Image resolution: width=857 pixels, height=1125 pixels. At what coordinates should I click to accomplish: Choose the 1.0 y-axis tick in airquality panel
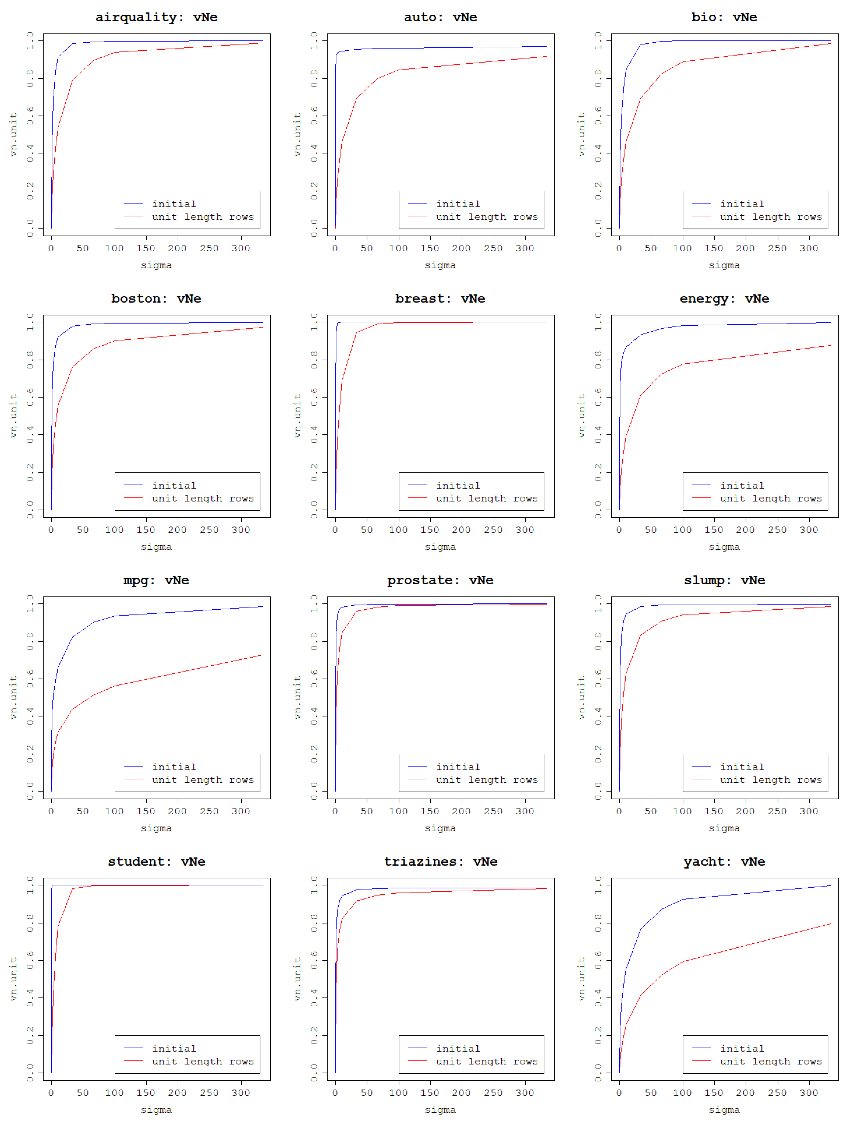pos(30,41)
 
